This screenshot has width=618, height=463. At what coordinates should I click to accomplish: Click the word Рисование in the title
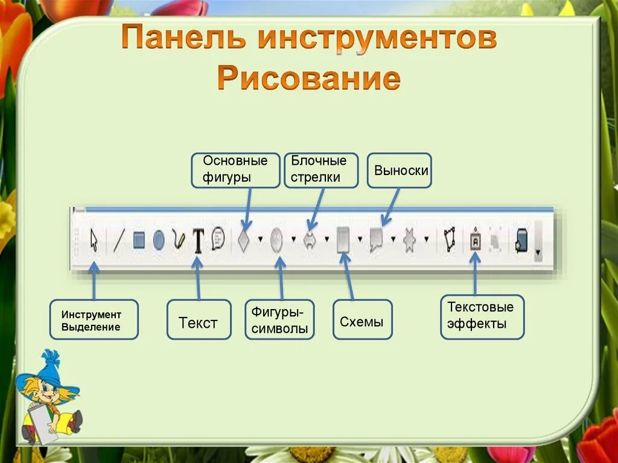pos(308,79)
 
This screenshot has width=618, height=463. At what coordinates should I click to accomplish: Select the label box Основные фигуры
pos(235,170)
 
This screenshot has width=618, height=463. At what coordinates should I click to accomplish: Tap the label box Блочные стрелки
pos(320,170)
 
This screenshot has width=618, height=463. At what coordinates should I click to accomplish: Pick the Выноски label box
pos(400,170)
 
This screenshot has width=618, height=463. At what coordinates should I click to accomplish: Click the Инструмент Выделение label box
pos(94,319)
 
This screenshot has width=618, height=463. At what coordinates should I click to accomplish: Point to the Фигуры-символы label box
pos(279,319)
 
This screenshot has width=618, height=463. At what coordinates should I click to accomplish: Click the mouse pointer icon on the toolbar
pos(94,240)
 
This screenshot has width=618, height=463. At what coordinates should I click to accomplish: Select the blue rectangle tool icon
pos(139,240)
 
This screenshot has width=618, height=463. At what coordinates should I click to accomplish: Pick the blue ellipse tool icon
pos(159,240)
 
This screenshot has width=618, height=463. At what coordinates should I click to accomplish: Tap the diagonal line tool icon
pos(118,240)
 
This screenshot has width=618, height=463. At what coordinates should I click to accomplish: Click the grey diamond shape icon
pos(243,240)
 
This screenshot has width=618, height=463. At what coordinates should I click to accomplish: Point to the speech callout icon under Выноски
pos(377,240)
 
